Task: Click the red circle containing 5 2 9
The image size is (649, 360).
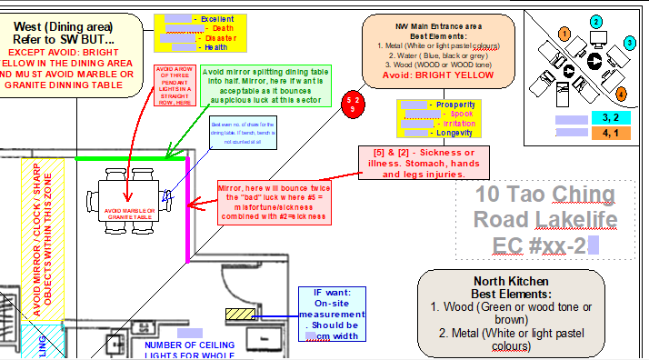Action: [x=354, y=102]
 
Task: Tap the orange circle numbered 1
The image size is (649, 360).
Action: [x=564, y=34]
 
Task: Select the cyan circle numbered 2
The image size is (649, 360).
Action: [x=595, y=21]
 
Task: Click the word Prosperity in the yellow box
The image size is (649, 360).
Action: [x=455, y=105]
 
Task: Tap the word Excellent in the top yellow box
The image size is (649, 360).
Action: [x=216, y=18]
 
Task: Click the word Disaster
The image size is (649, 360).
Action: [x=221, y=38]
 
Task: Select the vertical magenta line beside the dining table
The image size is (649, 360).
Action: [x=188, y=208]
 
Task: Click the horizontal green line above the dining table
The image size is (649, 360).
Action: [x=131, y=158]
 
